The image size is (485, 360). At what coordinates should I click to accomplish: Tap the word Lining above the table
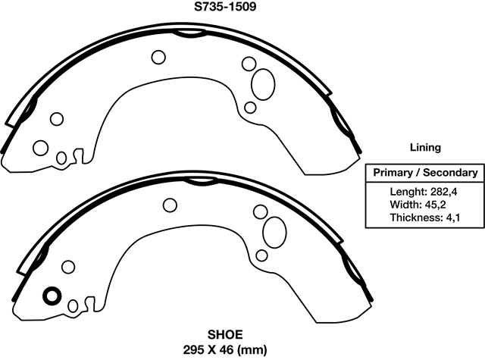(424, 148)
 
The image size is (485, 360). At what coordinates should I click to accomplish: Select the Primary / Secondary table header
(424, 173)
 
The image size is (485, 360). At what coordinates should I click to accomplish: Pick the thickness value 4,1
(452, 218)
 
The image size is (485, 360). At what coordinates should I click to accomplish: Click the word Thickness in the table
(416, 218)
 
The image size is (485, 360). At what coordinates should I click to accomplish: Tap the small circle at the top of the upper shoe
(159, 57)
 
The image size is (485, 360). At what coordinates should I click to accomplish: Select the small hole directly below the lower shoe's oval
(261, 254)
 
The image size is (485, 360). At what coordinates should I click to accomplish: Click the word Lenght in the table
(405, 191)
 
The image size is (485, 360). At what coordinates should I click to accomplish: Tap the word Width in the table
(405, 205)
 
